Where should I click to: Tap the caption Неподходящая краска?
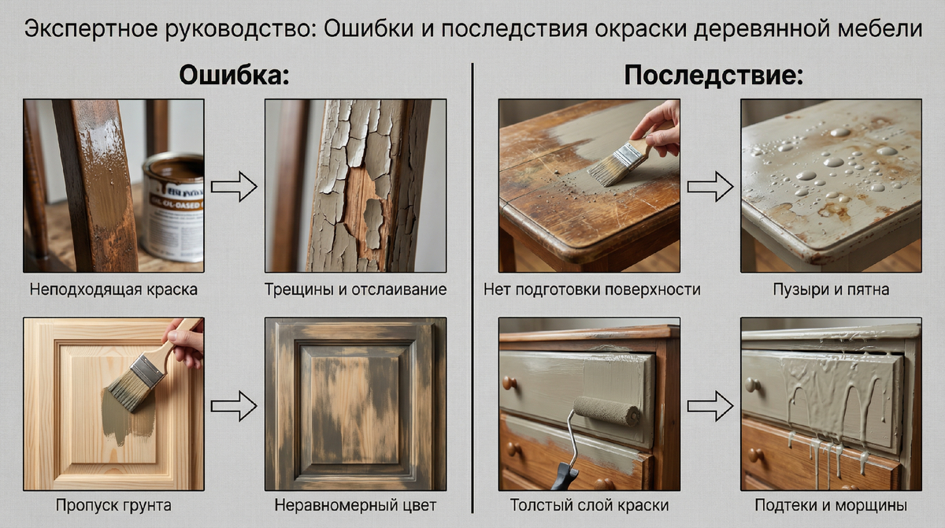[113, 289]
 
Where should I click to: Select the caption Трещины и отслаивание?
[355, 289]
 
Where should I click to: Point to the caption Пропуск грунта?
[113, 504]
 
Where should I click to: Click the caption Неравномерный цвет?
[355, 504]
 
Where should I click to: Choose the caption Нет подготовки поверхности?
[591, 289]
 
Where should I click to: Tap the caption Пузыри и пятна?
[831, 289]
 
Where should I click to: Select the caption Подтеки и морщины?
[831, 504]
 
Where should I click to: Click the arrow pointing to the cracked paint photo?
[235, 188]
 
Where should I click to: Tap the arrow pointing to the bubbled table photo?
[710, 188]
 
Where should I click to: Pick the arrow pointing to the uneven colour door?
[235, 407]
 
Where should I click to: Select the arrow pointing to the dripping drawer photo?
[710, 407]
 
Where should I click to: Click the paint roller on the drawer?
[606, 411]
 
